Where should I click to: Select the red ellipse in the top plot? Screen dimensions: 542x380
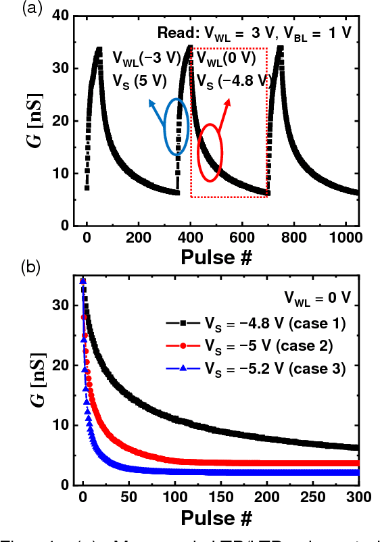click(x=210, y=152)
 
